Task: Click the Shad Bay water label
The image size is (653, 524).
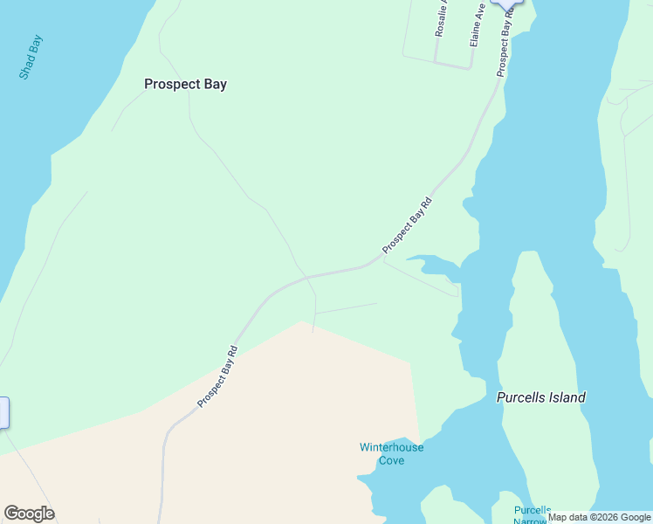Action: [31, 58]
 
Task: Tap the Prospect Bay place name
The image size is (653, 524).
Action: [185, 85]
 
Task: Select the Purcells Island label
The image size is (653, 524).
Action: [540, 397]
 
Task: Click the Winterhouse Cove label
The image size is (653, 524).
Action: [391, 453]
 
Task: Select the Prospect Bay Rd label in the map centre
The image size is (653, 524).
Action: [407, 225]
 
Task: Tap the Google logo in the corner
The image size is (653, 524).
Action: [29, 514]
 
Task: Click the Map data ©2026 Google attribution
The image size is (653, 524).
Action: [600, 517]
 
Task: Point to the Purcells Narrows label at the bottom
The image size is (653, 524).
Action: [532, 514]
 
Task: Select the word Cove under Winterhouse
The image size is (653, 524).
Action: [391, 460]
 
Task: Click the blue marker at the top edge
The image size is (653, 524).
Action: [505, 3]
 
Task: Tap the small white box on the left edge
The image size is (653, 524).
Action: [3, 412]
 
